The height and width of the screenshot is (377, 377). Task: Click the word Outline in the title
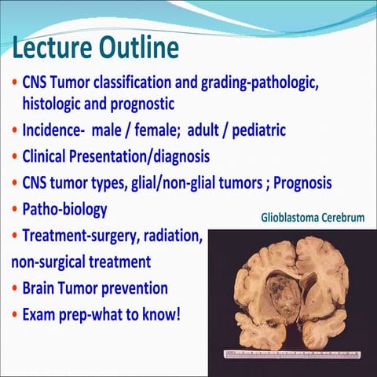point(139,49)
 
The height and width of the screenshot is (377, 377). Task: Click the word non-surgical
point(46,262)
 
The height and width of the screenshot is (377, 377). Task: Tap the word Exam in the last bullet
point(39,314)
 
